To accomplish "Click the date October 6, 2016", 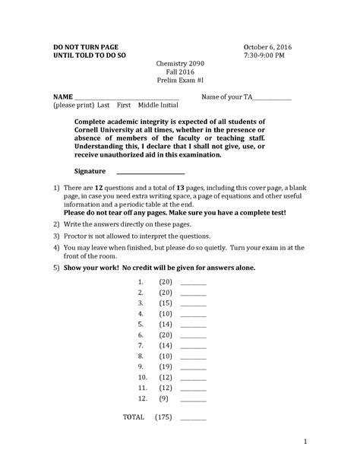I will tap(267, 47).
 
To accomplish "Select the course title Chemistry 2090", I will tap(180, 66).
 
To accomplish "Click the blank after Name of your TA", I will tap(272, 98).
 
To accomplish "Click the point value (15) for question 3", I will tap(166, 303).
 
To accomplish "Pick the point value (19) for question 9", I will tap(166, 366).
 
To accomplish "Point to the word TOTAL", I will tap(134, 417).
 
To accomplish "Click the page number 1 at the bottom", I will tap(302, 441).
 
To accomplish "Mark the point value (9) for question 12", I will tap(166, 398).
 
